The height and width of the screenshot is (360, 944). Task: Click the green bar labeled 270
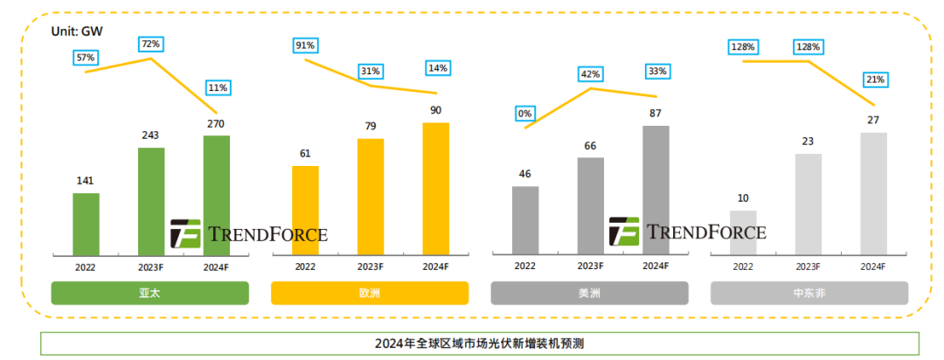coord(217,194)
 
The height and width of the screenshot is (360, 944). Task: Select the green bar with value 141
coord(86,224)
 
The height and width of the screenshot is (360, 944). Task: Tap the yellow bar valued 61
coord(305,210)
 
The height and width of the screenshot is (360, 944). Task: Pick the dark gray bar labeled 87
coord(656,190)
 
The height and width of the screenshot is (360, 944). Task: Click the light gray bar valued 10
coord(743,232)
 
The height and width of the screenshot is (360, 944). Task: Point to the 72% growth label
coord(150,44)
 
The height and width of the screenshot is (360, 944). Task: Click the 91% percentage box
coord(305,45)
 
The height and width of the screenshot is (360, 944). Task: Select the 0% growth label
coord(524,113)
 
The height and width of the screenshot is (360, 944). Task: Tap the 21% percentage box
coord(874,80)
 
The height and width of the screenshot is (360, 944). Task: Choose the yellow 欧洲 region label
coord(371,293)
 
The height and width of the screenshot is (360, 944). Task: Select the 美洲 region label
coord(590,293)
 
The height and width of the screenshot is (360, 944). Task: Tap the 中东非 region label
coord(809,293)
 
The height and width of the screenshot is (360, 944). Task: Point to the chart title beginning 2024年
coord(479,343)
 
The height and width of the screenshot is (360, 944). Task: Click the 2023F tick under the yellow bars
coord(371,267)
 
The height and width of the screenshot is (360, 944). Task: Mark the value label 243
coord(151,135)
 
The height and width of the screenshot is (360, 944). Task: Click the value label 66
coord(590,145)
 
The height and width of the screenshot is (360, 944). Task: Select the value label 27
coord(874,121)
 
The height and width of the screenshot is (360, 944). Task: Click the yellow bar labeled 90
coord(435,188)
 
